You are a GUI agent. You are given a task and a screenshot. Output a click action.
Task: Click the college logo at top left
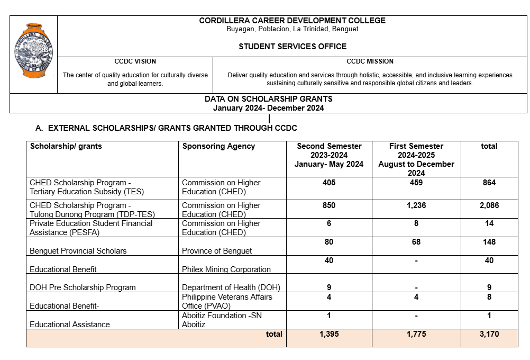click(x=33, y=50)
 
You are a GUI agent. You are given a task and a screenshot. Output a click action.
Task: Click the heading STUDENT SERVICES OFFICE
click(x=293, y=47)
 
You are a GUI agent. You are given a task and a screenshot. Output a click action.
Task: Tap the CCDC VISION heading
click(x=135, y=61)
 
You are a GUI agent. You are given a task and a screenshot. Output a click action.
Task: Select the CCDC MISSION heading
click(x=370, y=61)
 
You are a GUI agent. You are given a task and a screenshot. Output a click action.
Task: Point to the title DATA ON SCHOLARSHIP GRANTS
click(x=269, y=99)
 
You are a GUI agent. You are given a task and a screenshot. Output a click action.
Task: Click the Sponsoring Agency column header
click(x=218, y=146)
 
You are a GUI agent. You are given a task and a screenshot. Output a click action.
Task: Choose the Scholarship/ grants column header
click(x=66, y=146)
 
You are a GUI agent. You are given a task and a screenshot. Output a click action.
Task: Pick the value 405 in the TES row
click(x=329, y=183)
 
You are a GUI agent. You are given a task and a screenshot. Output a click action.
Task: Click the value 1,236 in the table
click(x=416, y=205)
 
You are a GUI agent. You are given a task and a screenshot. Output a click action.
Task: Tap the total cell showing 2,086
click(x=489, y=205)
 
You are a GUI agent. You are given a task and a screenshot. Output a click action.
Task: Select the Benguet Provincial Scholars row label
click(x=78, y=251)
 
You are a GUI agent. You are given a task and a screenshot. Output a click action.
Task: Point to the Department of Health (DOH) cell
click(x=231, y=287)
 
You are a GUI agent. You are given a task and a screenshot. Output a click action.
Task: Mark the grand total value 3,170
click(x=489, y=334)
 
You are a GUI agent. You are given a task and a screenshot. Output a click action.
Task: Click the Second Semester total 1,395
click(x=329, y=334)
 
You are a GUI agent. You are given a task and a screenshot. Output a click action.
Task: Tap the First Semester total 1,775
click(x=416, y=334)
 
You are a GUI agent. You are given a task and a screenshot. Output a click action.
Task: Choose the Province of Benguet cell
click(x=217, y=251)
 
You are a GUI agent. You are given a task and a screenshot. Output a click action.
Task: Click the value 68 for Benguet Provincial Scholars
click(x=416, y=242)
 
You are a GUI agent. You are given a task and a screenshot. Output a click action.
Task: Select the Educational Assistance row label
click(x=70, y=325)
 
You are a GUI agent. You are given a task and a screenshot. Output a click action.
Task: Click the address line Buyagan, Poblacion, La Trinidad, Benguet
click(x=293, y=29)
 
